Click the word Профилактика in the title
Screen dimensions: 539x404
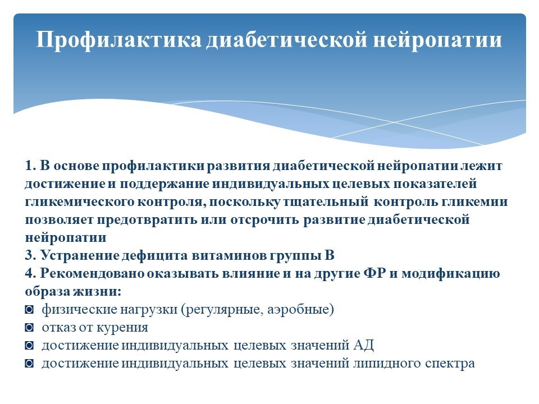tap(118, 40)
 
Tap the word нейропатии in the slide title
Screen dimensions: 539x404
tap(437, 40)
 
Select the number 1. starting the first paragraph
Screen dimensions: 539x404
tap(30, 166)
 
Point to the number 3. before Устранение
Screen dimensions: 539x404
tap(30, 255)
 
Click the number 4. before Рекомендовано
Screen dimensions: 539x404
tap(30, 273)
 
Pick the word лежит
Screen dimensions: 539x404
tap(481, 166)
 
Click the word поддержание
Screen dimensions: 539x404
tap(165, 184)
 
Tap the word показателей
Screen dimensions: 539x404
tap(435, 184)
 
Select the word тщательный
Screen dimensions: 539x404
tap(326, 202)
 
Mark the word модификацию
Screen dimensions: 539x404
tap(451, 273)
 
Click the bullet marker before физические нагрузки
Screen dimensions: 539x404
tap(29, 310)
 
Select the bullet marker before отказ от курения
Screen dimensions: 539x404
tap(29, 328)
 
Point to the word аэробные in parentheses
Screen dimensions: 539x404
tap(298, 310)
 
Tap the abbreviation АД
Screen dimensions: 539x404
tap(363, 345)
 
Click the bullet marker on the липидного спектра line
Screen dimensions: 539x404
tap(29, 364)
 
